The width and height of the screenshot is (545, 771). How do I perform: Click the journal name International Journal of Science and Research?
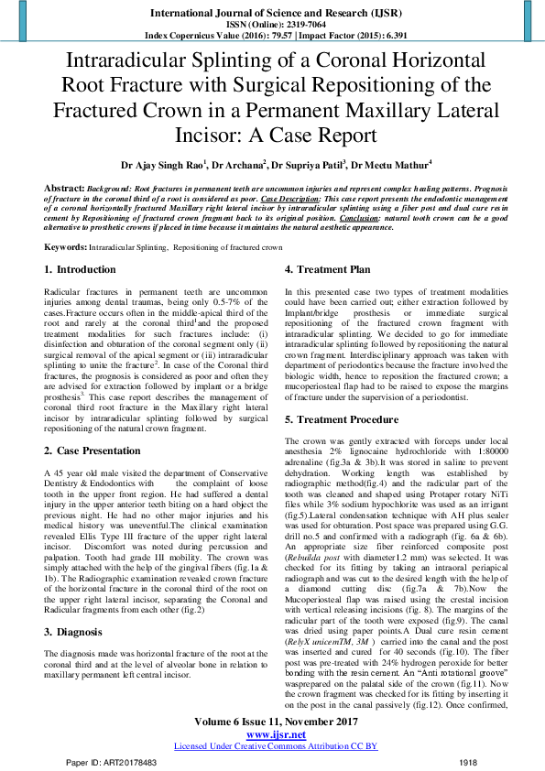click(271, 14)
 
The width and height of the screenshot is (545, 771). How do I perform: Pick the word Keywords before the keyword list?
click(66, 247)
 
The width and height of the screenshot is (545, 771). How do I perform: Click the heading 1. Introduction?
click(81, 270)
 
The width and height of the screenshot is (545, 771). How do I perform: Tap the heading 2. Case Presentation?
click(94, 451)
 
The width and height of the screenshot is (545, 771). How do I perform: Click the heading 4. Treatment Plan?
click(327, 270)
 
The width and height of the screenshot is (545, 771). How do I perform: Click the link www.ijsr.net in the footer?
click(272, 734)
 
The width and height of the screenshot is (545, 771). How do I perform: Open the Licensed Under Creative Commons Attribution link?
click(272, 746)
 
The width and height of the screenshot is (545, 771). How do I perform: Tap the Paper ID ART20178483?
click(107, 762)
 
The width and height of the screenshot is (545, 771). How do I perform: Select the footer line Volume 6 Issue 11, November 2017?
click(272, 722)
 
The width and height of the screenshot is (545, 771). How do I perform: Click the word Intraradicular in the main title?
click(125, 62)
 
